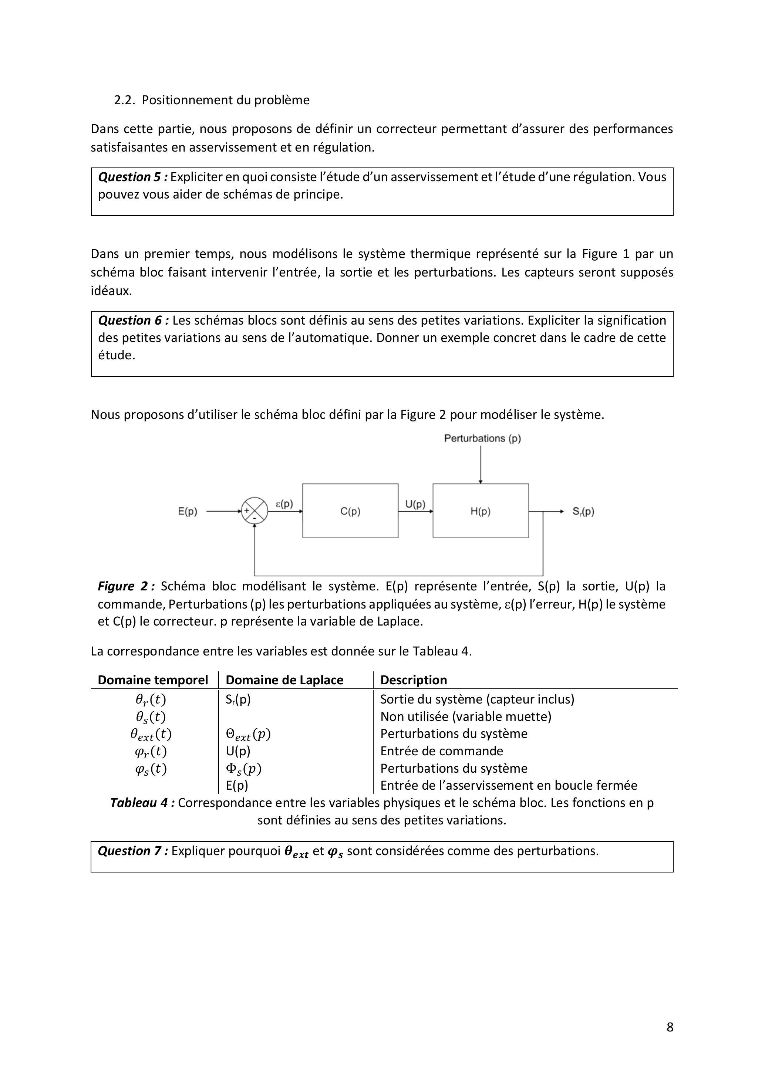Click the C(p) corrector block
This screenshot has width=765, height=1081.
(350, 511)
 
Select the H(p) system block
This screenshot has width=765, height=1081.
(481, 511)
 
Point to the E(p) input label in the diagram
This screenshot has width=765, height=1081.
(188, 511)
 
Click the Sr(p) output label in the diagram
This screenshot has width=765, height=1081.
(583, 511)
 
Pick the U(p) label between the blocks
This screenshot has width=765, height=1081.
(415, 504)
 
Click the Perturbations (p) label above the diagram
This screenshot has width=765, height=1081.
(482, 438)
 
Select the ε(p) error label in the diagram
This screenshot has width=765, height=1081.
(284, 504)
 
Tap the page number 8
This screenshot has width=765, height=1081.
(670, 1027)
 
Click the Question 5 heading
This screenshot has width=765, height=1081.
(133, 177)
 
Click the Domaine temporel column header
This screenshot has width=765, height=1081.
(153, 680)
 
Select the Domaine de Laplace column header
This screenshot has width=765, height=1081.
(284, 680)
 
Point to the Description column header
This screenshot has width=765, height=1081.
(413, 680)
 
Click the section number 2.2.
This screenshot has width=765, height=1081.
(124, 100)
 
